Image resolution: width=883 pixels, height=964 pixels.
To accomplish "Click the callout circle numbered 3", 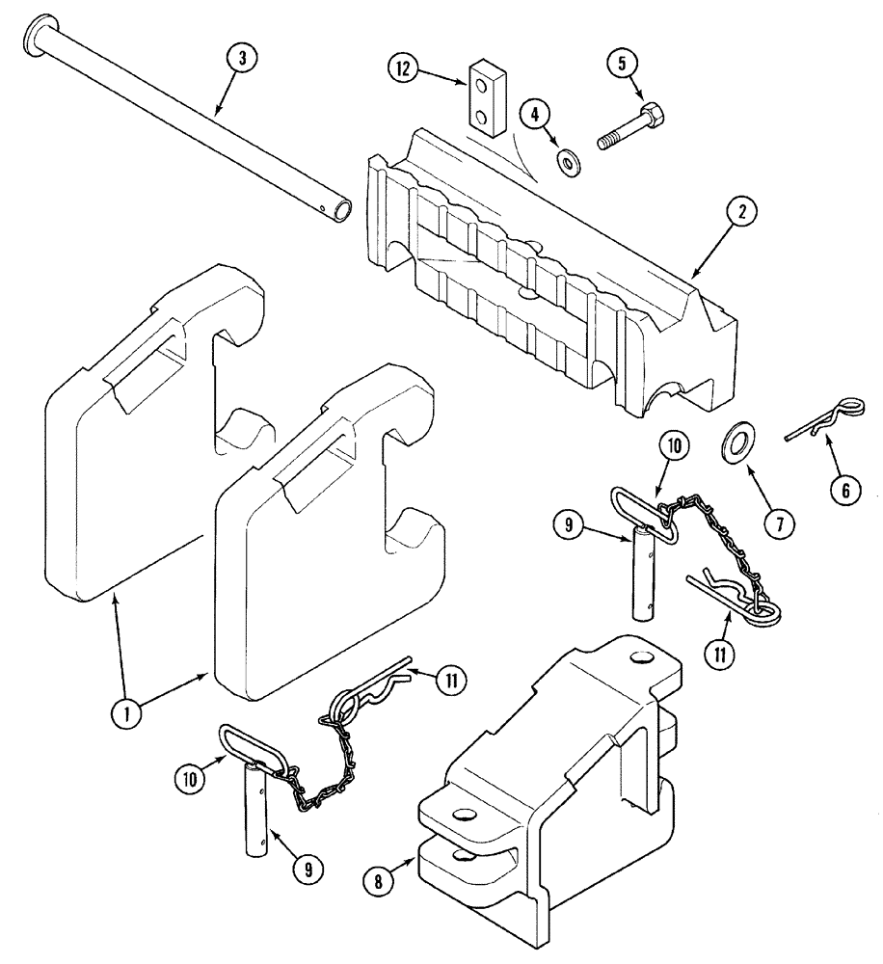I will point(242,58).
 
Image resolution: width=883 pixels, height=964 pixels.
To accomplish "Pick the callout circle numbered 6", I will point(845,490).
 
